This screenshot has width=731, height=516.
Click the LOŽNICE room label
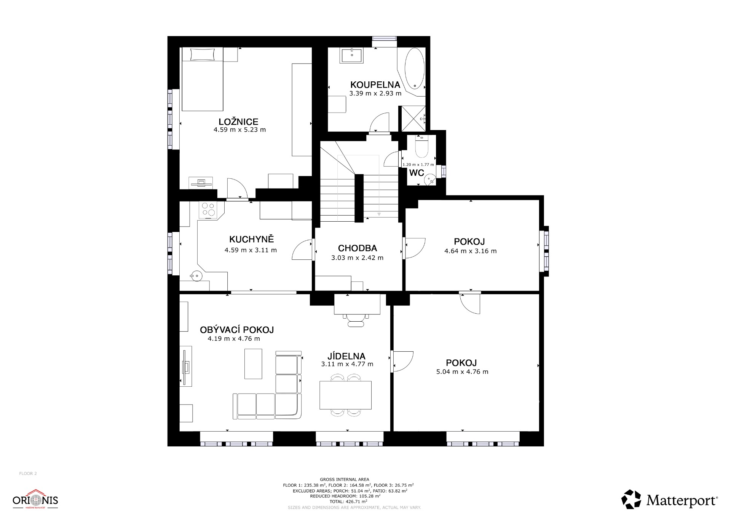click(x=238, y=122)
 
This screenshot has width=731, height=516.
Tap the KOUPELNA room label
click(x=375, y=85)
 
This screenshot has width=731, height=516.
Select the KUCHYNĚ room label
click(x=251, y=239)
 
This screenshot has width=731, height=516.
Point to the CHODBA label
click(x=358, y=248)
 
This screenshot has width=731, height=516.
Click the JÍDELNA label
click(x=346, y=356)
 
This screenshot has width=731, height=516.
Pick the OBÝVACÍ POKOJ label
click(x=237, y=330)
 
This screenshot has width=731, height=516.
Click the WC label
click(x=417, y=173)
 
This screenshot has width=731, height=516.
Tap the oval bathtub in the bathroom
click(x=414, y=68)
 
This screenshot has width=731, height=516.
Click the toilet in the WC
click(x=421, y=147)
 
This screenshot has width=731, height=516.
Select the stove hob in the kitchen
click(x=208, y=210)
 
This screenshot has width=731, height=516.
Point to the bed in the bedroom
click(x=202, y=79)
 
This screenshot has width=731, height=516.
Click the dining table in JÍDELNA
click(x=345, y=395)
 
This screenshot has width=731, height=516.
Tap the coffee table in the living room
click(x=253, y=364)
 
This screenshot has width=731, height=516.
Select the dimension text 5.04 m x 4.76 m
click(x=462, y=372)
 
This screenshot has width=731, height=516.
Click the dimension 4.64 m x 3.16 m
click(x=471, y=251)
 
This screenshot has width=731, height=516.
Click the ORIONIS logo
click(x=35, y=500)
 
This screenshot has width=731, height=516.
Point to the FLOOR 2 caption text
click(x=28, y=473)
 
